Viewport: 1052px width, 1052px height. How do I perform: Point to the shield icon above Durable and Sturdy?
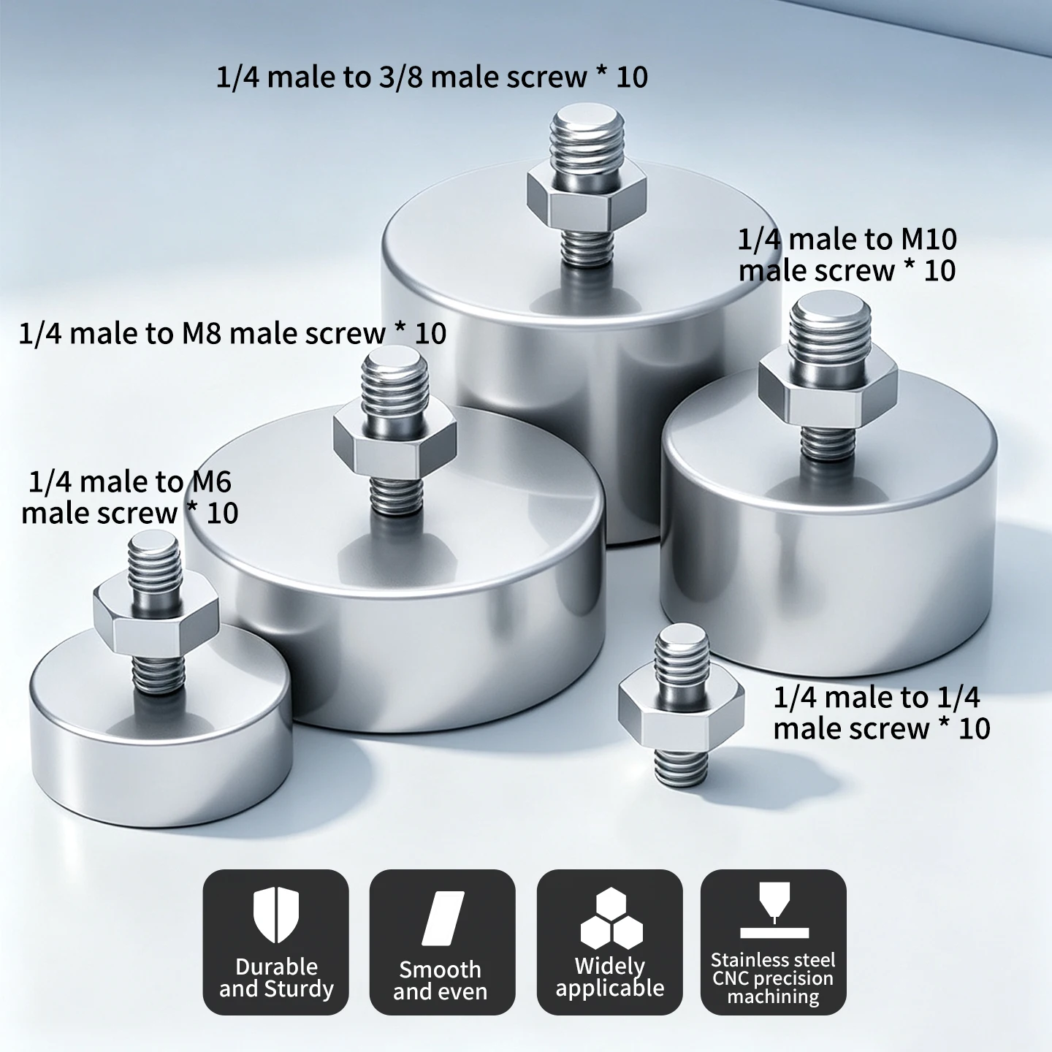click(276, 915)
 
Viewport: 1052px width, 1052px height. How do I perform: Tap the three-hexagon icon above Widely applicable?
click(611, 919)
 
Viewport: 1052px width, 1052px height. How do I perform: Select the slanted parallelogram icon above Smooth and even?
click(443, 918)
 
